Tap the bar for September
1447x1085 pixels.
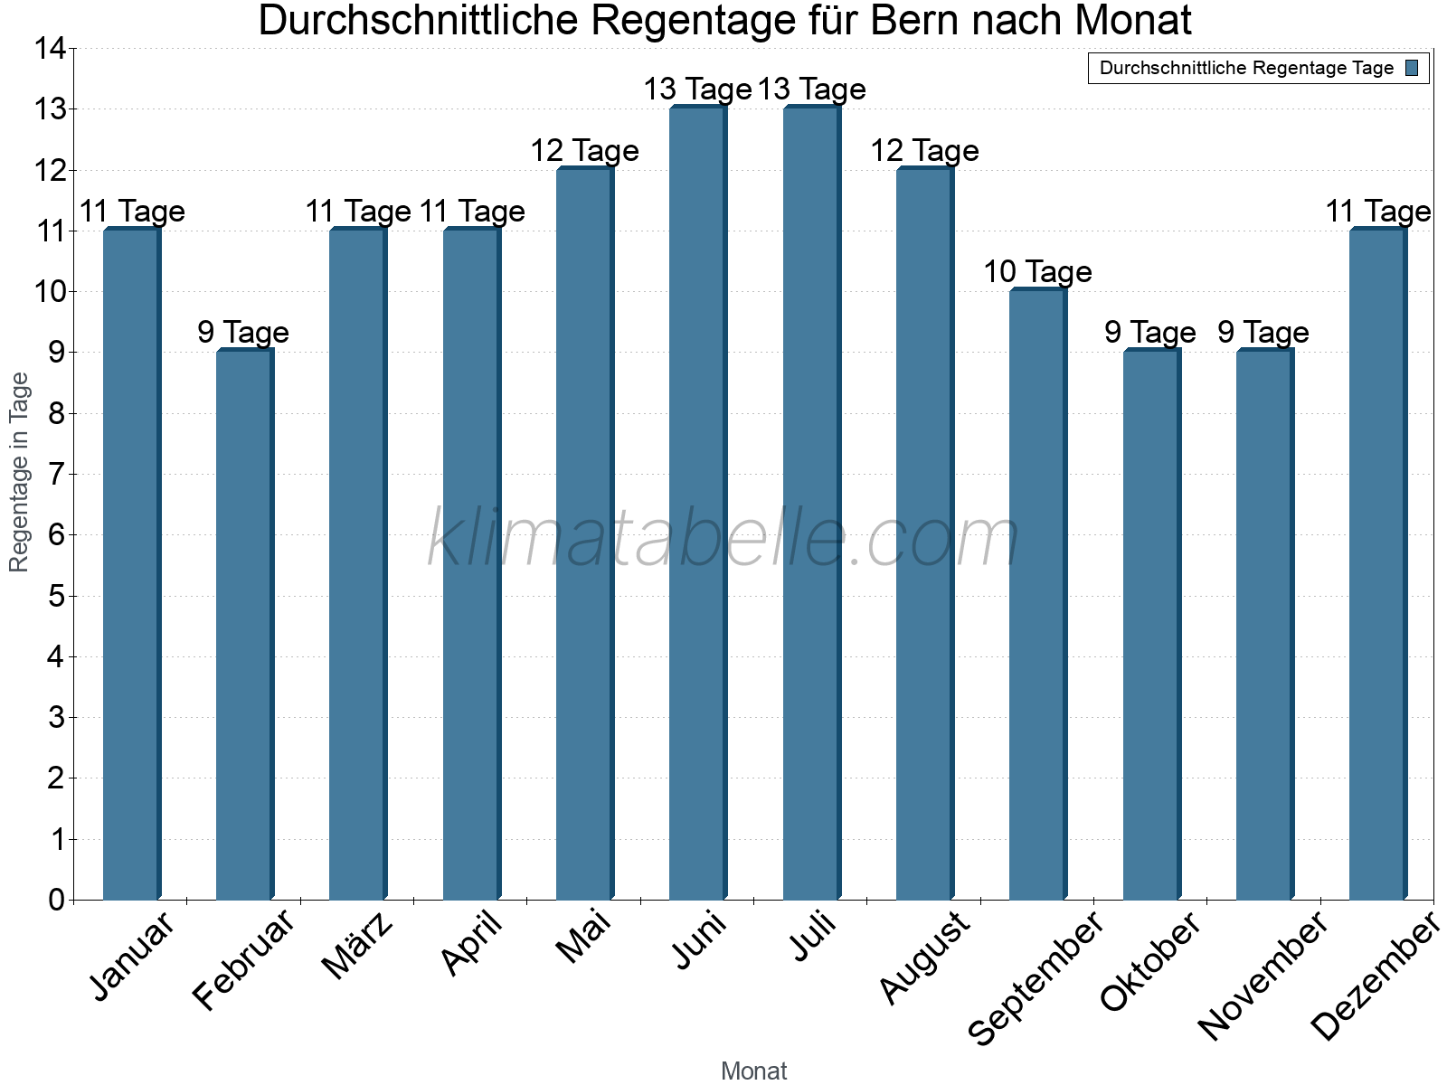point(1037,594)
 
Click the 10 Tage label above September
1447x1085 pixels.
point(1037,271)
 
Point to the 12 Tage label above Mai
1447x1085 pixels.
point(584,150)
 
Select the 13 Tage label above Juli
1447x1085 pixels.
point(811,89)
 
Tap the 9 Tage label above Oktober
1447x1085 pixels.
point(1150,332)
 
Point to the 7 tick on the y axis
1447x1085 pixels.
point(57,474)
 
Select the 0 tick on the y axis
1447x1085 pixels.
point(57,900)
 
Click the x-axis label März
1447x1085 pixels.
point(358,946)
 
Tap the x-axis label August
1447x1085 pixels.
point(924,958)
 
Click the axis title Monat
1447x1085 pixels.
point(753,1071)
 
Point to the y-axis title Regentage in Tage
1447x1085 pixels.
point(20,472)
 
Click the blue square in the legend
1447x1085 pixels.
point(1412,68)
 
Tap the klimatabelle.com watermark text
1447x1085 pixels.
point(723,539)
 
